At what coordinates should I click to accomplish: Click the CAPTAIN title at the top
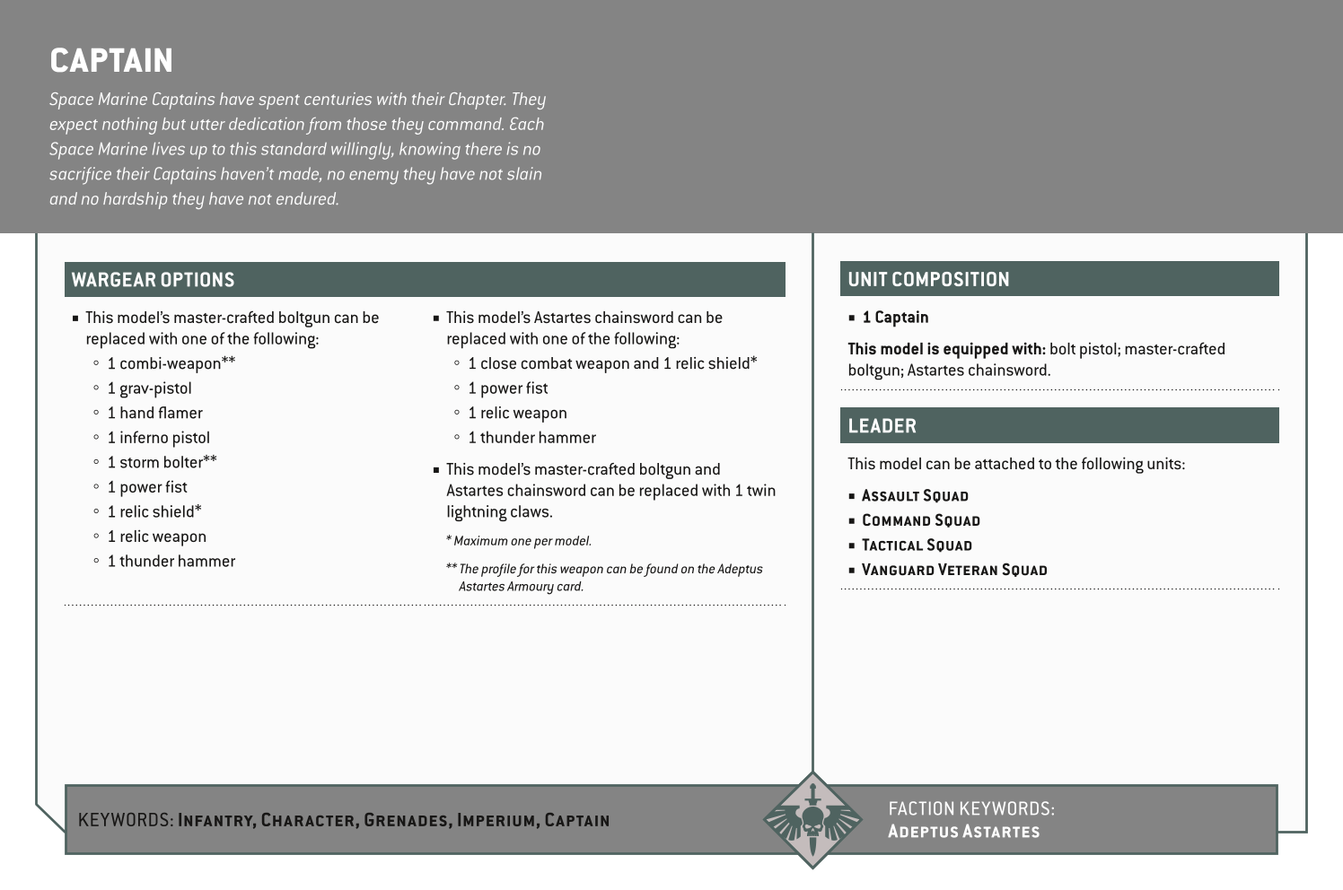pyautogui.click(x=111, y=61)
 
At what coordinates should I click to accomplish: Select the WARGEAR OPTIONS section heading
pyautogui.click(x=153, y=280)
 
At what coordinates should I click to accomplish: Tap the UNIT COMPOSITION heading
pyautogui.click(x=928, y=280)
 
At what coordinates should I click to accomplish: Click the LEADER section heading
pyautogui.click(x=882, y=426)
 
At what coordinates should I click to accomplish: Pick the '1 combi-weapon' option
pyautogui.click(x=171, y=363)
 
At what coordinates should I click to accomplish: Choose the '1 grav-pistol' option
pyautogui.click(x=149, y=388)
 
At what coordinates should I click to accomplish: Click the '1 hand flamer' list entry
pyautogui.click(x=154, y=414)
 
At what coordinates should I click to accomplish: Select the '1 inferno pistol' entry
pyautogui.click(x=158, y=438)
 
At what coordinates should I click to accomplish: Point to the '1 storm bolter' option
pyautogui.click(x=162, y=463)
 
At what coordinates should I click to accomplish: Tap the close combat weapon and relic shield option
pyautogui.click(x=612, y=363)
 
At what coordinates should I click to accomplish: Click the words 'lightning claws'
pyautogui.click(x=499, y=512)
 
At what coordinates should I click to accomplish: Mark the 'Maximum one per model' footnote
pyautogui.click(x=522, y=541)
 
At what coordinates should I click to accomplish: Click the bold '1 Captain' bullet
pyautogui.click(x=895, y=318)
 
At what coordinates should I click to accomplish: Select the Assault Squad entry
pyautogui.click(x=915, y=496)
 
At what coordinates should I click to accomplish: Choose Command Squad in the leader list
pyautogui.click(x=920, y=521)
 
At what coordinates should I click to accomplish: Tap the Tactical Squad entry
pyautogui.click(x=917, y=545)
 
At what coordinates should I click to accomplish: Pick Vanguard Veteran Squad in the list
pyautogui.click(x=954, y=571)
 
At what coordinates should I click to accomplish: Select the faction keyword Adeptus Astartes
pyautogui.click(x=963, y=832)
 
